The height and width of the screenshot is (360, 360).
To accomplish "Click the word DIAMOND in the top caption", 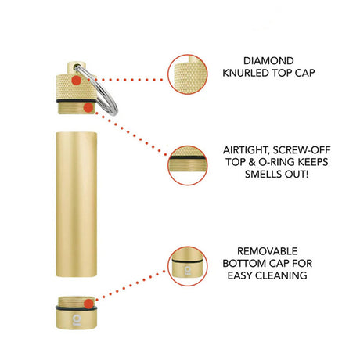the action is (268, 61).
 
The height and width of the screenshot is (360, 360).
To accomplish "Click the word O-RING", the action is (277, 162).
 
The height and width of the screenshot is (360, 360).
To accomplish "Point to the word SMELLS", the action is (263, 174).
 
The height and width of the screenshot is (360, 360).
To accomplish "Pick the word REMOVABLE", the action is (267, 251).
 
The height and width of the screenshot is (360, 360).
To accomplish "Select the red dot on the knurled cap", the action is (76, 80).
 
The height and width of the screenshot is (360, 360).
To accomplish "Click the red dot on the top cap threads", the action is (88, 108).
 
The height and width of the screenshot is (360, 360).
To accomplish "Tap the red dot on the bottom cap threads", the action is (88, 304).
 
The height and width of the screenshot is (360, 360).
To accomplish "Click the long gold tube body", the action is (76, 204).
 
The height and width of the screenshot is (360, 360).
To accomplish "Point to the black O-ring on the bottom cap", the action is (77, 308).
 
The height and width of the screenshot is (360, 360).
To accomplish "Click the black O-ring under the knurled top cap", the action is (77, 101).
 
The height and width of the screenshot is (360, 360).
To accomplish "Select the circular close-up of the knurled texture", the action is (188, 74).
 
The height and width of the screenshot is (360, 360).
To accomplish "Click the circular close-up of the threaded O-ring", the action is (188, 166).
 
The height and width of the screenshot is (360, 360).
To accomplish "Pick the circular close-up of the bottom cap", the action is (188, 266).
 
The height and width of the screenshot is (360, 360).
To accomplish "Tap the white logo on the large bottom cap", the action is (77, 320).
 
